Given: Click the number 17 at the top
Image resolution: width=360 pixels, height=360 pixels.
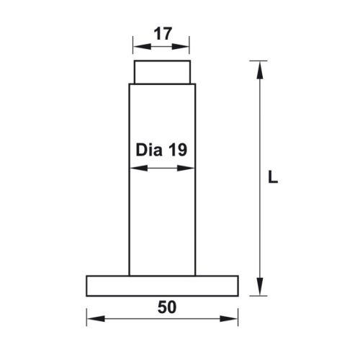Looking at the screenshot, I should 163,33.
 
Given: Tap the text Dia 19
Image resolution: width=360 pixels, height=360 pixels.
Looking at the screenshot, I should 161,150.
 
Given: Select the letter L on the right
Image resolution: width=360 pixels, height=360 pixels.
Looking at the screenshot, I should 271,176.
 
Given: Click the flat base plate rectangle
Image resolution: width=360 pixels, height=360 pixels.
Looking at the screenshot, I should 163,286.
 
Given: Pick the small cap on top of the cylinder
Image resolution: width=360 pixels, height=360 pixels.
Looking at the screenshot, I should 163,73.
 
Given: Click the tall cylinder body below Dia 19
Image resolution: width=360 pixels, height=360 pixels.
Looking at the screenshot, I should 163,223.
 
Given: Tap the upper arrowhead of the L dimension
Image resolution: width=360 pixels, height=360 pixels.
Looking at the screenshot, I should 259,67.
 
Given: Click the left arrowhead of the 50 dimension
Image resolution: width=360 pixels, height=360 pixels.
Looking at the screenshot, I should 91,318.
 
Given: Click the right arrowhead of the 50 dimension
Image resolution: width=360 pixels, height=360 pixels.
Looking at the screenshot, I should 234,318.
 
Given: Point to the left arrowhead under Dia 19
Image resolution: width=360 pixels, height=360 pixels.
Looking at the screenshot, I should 134,169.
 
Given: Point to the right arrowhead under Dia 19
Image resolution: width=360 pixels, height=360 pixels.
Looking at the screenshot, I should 191,169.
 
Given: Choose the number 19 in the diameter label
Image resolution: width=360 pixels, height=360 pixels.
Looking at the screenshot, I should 177,150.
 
